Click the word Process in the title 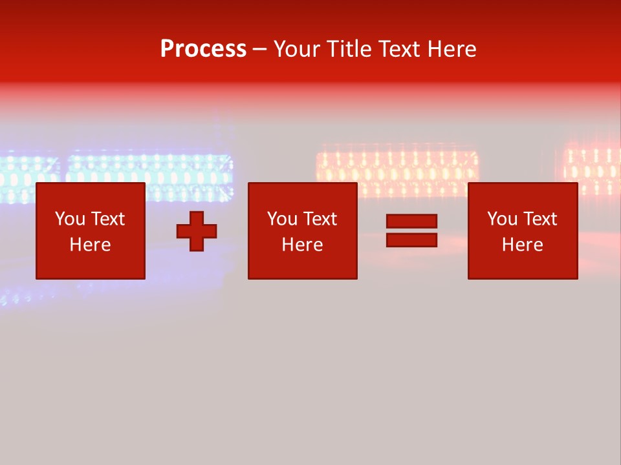203,49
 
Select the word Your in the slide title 298,49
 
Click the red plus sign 197,231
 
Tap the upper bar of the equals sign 411,222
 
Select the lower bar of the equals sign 411,240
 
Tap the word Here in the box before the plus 90,245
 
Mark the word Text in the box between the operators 319,219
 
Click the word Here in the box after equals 522,245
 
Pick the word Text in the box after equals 539,219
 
